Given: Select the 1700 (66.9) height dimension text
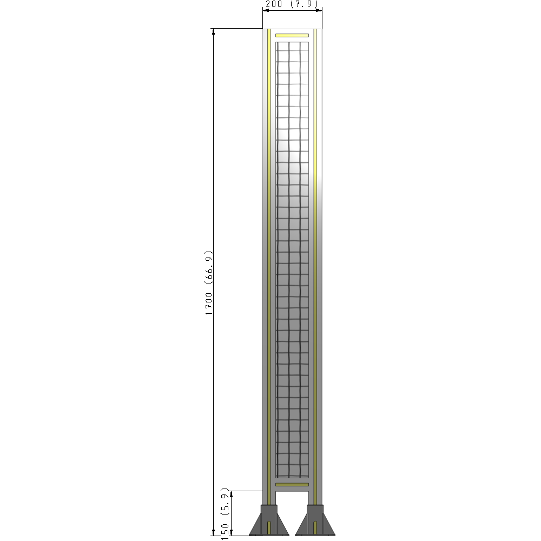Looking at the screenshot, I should point(209,283).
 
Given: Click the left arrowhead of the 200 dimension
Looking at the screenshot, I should point(266,9).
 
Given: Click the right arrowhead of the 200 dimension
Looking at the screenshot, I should point(319,9).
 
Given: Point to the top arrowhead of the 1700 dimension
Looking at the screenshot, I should point(214,31).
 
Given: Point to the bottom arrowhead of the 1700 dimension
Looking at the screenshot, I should point(214,532).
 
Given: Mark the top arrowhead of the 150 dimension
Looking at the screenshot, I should point(232,494).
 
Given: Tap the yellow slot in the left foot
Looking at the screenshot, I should point(269,527).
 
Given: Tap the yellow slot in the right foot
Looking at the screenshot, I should point(315,527).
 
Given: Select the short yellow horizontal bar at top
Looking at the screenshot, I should point(292,36).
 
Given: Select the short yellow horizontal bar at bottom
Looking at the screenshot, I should point(292,484).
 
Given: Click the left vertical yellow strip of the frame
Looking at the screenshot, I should point(269,260).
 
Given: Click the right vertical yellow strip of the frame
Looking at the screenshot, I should point(315,260).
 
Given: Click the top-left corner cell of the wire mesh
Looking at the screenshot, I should point(282,47).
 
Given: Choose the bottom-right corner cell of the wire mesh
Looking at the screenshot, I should point(305,472).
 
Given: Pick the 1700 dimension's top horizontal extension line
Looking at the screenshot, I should point(238,28).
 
